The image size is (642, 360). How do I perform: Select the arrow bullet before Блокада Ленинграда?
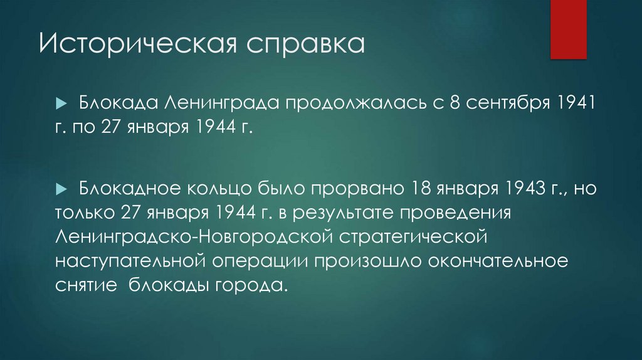point(61,103)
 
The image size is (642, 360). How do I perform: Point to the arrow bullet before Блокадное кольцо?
point(61,189)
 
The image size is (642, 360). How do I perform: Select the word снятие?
point(87,286)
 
